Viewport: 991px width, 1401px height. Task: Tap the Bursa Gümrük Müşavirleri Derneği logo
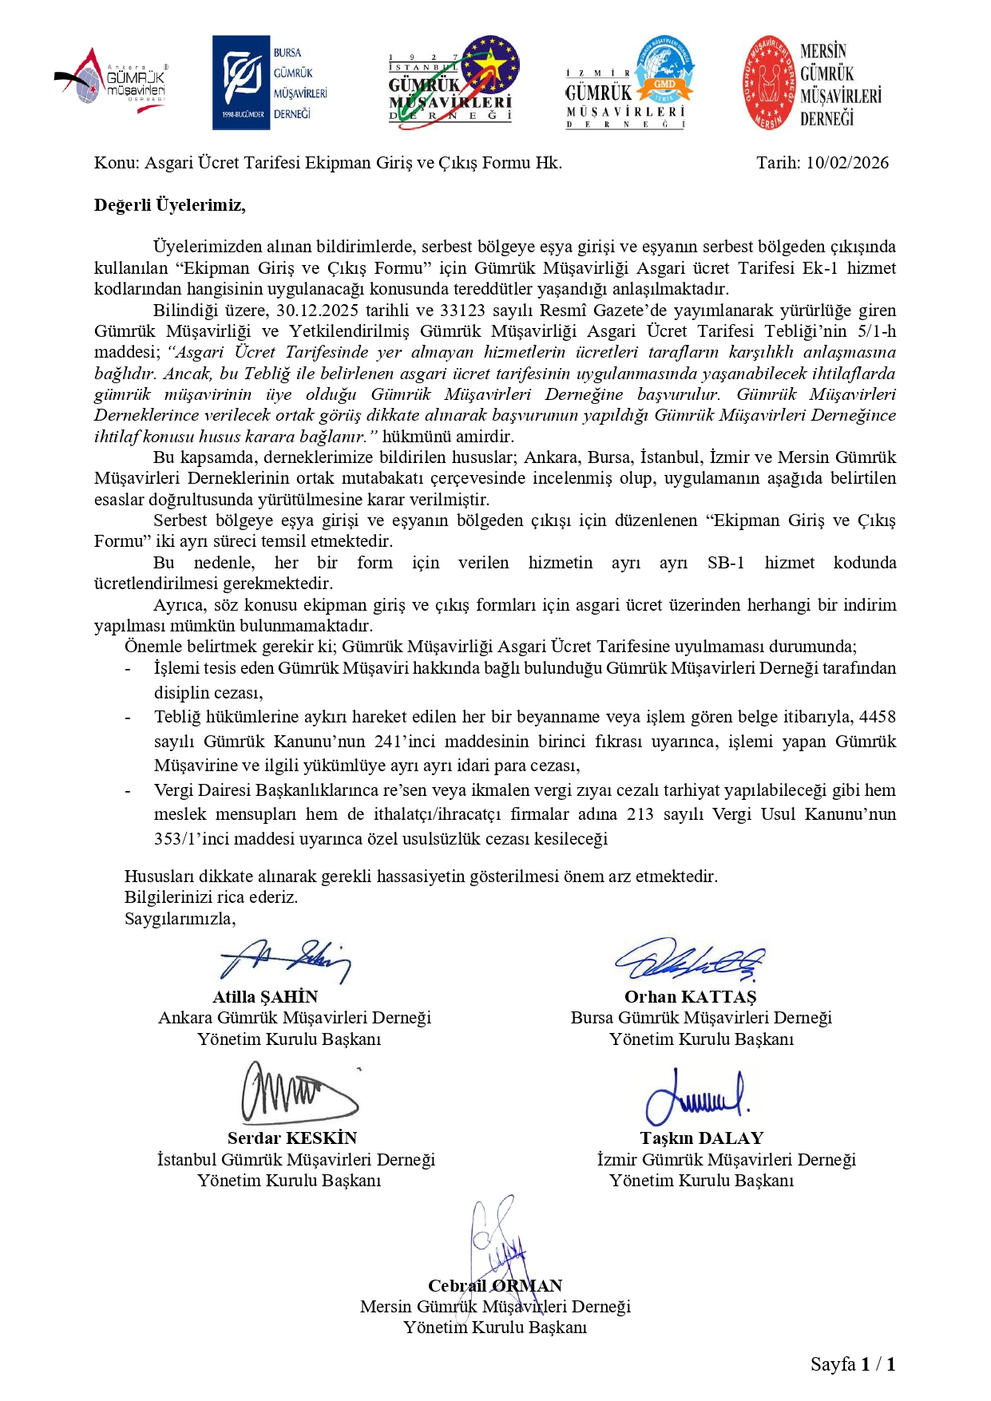tap(270, 82)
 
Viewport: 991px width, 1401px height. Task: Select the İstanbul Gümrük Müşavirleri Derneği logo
tap(453, 81)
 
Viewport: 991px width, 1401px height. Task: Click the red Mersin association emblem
tap(770, 82)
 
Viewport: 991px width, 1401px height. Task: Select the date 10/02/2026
tap(846, 163)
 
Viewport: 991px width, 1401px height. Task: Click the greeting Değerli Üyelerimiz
tap(169, 205)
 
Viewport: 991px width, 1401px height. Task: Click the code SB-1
tap(726, 563)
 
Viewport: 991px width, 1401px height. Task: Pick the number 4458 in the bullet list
tap(877, 717)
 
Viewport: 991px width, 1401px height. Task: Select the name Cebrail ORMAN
tap(494, 1286)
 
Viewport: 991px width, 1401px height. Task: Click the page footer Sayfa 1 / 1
tap(852, 1364)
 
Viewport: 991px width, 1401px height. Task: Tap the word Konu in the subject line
tap(114, 163)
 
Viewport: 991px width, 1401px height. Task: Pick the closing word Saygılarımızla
tap(180, 919)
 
